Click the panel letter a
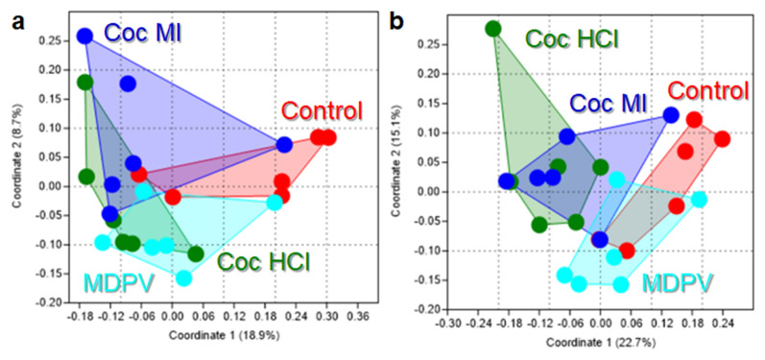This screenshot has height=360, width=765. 16,17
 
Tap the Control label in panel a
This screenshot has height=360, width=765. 321,110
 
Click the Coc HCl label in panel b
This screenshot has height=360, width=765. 572,39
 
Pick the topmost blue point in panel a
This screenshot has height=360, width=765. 84,36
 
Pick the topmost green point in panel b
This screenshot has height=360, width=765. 493,29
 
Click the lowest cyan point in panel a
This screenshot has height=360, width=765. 183,278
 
